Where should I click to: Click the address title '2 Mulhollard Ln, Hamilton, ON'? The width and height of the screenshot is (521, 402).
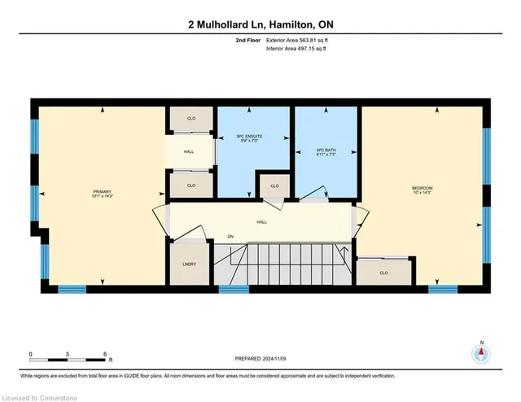coord(260,24)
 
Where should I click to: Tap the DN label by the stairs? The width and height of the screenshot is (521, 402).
coord(230,237)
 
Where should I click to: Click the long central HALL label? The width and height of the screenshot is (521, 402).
coord(261,221)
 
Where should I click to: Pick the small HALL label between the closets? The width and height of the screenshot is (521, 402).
coord(189,151)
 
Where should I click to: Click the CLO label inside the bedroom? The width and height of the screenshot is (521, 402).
coord(383,273)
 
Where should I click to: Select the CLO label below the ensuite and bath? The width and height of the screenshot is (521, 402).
coord(274,186)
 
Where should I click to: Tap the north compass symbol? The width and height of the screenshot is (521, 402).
coord(481,353)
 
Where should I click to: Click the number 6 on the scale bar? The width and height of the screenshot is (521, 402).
coord(105,354)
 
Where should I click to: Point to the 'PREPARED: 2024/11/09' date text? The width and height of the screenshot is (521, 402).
coord(261,361)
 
